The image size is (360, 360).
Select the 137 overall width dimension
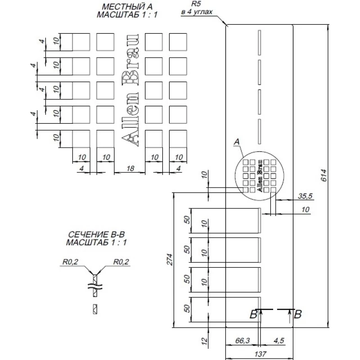click(x=258, y=354)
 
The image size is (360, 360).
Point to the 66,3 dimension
click(x=243, y=341)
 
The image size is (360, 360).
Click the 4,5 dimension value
click(x=279, y=341)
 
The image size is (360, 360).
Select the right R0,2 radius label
click(x=121, y=261)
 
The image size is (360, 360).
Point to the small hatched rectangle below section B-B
click(x=94, y=309)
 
